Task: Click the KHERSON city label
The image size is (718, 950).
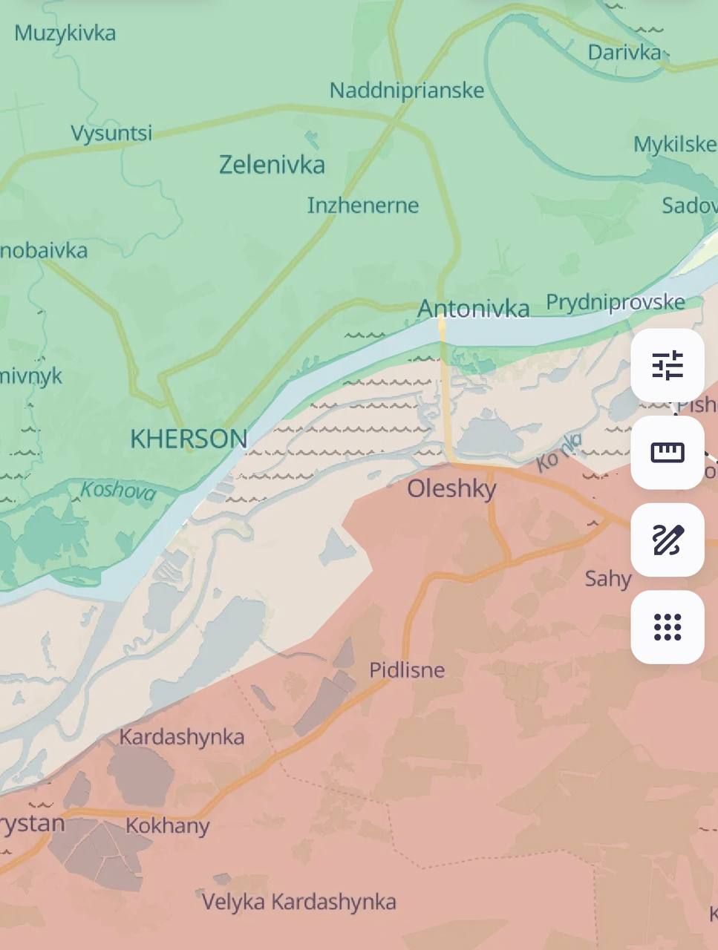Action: coord(189,439)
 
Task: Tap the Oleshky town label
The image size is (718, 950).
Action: coord(451,488)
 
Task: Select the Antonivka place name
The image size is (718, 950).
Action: coord(474,308)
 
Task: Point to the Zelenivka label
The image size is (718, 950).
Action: coord(272,164)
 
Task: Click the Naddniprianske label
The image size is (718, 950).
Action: coord(407,91)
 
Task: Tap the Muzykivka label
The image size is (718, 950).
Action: coord(65,33)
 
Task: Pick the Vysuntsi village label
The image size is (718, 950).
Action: coord(111,134)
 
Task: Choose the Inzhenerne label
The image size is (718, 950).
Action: coord(363,206)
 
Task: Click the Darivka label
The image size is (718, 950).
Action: coord(624,53)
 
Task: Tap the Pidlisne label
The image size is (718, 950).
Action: coord(407,670)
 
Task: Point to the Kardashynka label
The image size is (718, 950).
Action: coord(182,737)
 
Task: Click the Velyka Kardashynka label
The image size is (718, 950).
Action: coord(298,902)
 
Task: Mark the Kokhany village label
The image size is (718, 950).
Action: coord(168,825)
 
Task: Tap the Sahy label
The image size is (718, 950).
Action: coord(608,578)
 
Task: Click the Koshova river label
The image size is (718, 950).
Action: coord(118,491)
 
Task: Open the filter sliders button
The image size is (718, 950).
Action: coord(667,366)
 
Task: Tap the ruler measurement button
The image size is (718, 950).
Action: coord(667,453)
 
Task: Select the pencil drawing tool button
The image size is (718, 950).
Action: coord(667,540)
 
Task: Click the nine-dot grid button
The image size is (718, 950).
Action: coord(667,627)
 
